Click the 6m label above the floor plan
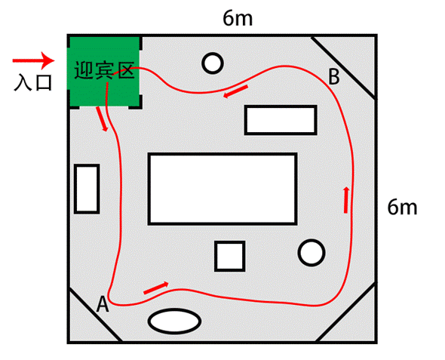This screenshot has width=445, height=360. tap(238, 19)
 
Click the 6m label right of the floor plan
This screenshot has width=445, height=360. tap(402, 208)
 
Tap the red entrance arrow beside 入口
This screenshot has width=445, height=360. tap(33, 60)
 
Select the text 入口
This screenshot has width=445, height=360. tap(33, 82)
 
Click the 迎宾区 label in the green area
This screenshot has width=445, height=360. tap(104, 70)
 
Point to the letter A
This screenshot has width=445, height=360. tap(103, 304)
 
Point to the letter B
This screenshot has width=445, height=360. tap(333, 77)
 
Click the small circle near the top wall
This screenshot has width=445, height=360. tap(213, 63)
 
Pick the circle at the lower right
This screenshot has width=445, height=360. tap(311, 253)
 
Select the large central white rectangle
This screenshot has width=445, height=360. tap(222, 189)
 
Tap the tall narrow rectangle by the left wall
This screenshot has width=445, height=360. tap(87, 189)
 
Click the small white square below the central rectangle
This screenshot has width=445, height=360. tap(230, 257)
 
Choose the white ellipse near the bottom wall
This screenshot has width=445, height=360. tap(174, 321)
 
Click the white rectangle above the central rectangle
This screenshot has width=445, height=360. tap(281, 120)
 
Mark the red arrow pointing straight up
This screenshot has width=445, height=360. tap(346, 200)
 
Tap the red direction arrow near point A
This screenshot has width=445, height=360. tap(156, 288)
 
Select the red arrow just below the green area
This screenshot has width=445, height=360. tap(102, 119)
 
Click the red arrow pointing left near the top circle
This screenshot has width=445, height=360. tap(235, 91)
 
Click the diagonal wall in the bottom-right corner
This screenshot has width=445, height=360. tap(346, 312)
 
